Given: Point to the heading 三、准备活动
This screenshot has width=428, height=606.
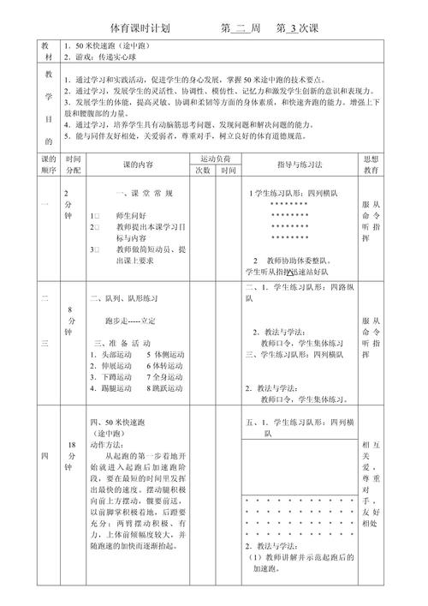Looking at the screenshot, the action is point(128,341).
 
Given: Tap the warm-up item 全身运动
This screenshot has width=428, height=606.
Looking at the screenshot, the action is point(164,376).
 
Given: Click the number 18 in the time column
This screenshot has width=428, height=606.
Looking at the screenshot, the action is point(71,444).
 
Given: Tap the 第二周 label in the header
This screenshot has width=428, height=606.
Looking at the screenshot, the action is point(241,28).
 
